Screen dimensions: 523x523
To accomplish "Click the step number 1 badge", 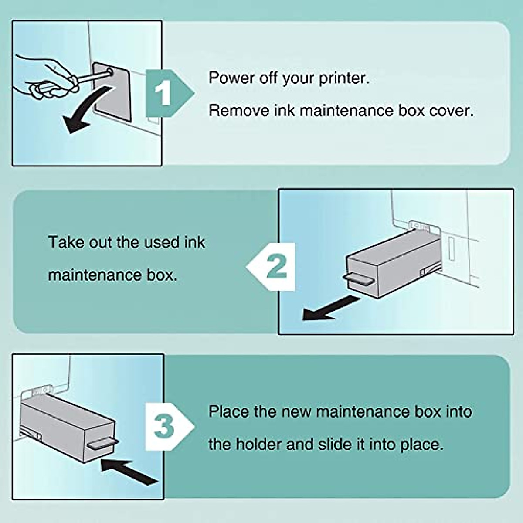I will click(x=164, y=93).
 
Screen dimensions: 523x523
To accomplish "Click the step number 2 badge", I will click(x=276, y=267).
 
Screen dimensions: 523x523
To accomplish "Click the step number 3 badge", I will click(x=164, y=426).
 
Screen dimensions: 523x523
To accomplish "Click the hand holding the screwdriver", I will click(x=44, y=76).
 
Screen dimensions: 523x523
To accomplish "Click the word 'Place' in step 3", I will click(x=228, y=412).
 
